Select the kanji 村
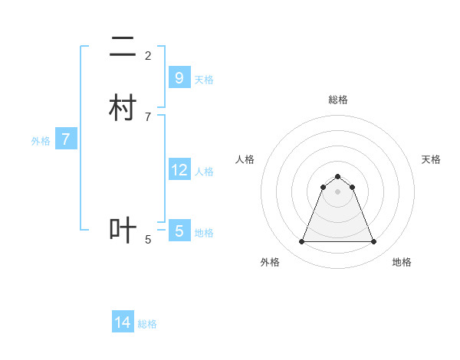[123, 108]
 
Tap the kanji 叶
[123, 231]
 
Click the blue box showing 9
[179, 77]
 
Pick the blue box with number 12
[179, 169]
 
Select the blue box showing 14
[123, 322]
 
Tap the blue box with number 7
[67, 139]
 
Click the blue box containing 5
[179, 231]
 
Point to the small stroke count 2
[148, 56]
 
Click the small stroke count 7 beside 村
[148, 116]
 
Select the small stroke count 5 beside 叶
[148, 240]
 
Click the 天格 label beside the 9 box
[204, 79]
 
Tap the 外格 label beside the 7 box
[41, 141]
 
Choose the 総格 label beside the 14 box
[147, 324]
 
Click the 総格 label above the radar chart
[338, 100]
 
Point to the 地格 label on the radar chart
[402, 262]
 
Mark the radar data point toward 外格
[301, 242]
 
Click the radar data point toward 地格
[374, 242]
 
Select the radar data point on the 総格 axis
[337, 176]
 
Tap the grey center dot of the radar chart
[337, 191]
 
